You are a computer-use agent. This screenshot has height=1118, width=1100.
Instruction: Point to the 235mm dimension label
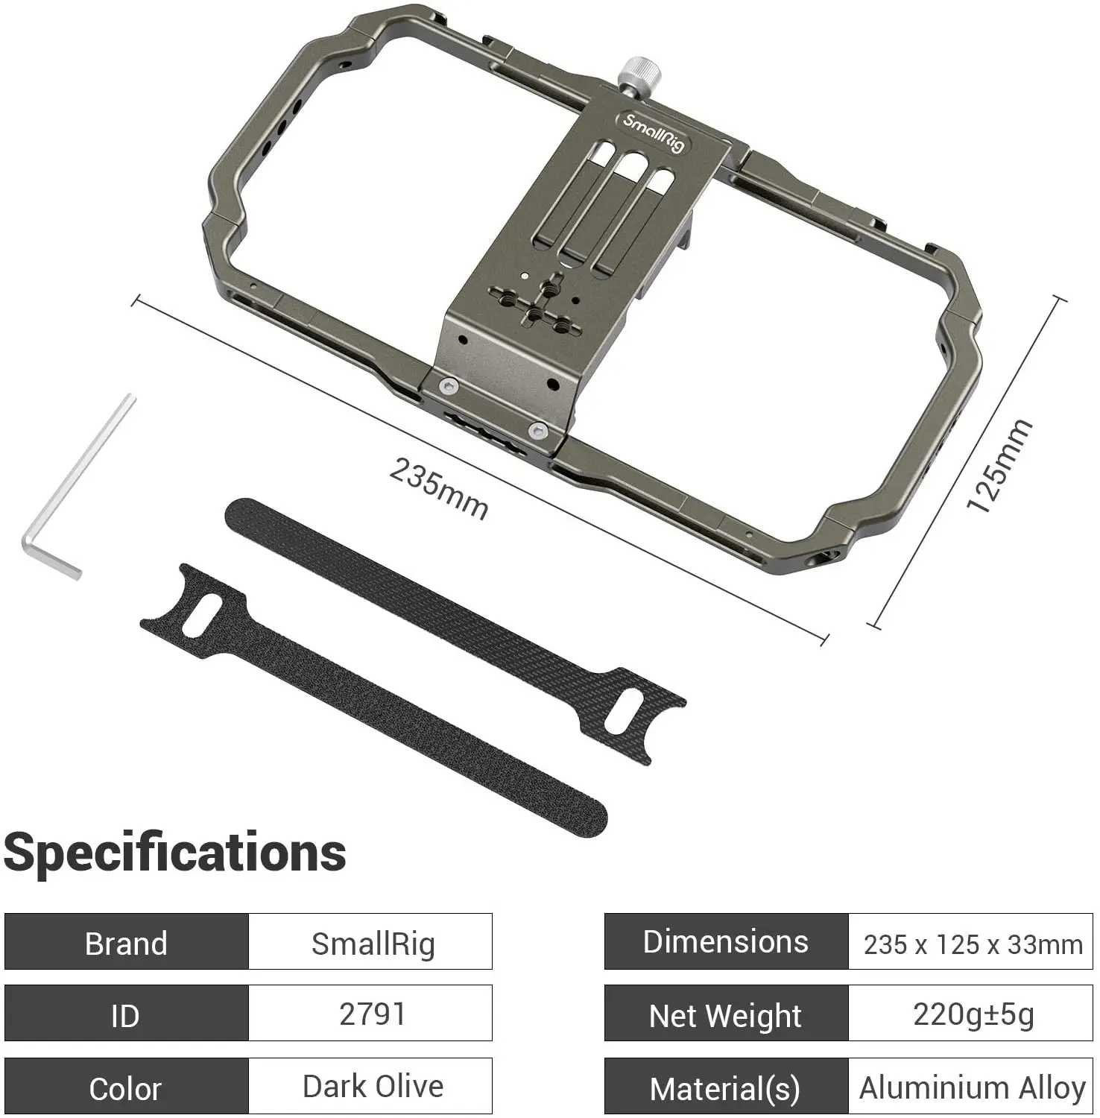tap(439, 489)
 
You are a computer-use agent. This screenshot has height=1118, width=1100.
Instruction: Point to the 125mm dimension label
tap(999, 466)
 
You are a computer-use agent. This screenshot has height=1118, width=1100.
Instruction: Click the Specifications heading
tap(175, 852)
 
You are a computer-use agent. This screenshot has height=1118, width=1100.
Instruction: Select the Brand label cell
tap(126, 943)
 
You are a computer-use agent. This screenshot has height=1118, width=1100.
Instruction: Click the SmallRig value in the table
tap(372, 943)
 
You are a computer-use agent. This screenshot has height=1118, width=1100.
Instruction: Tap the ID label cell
tap(126, 1014)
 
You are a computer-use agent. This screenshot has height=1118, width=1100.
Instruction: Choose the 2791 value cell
tap(372, 1014)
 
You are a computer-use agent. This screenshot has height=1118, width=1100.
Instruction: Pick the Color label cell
tap(126, 1087)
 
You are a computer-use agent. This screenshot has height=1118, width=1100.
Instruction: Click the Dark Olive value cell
tap(372, 1087)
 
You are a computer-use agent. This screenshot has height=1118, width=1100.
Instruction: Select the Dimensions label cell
tap(726, 942)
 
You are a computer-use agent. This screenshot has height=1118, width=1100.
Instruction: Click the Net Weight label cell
tap(726, 1014)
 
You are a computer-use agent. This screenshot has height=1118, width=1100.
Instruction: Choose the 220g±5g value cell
tap(971, 1014)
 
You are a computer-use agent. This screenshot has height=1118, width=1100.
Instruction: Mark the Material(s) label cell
tap(726, 1087)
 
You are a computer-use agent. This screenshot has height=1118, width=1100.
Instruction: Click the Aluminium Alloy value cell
tap(971, 1087)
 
